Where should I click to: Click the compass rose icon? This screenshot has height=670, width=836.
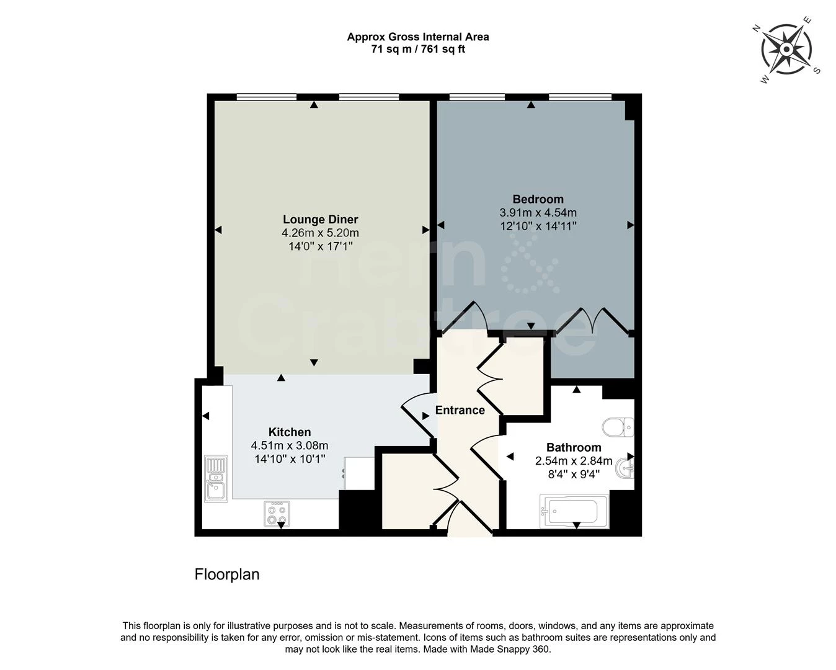click(x=786, y=49)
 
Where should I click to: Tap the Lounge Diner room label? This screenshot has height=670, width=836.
click(x=320, y=219)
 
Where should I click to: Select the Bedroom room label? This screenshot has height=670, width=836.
click(x=538, y=199)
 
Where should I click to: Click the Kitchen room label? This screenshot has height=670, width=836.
click(x=290, y=432)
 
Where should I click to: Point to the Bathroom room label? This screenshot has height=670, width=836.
click(x=574, y=447)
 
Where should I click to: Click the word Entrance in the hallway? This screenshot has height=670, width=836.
click(x=460, y=410)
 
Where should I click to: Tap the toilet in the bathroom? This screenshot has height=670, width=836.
click(x=618, y=427)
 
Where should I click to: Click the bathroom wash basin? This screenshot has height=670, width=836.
click(x=625, y=468)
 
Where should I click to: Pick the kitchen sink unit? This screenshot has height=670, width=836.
click(x=216, y=478)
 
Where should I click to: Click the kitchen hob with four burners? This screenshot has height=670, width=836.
click(x=277, y=513)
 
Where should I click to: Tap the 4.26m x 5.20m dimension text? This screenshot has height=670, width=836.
click(x=320, y=233)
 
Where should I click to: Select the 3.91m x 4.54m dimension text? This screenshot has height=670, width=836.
click(x=538, y=213)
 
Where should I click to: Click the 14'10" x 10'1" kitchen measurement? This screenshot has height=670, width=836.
click(x=290, y=459)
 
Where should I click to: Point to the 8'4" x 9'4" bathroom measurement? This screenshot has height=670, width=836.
click(x=574, y=475)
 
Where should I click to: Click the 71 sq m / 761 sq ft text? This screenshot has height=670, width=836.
click(x=417, y=49)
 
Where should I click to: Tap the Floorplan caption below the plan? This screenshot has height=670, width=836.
click(x=227, y=574)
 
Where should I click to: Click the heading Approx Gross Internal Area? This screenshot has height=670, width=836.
click(x=417, y=37)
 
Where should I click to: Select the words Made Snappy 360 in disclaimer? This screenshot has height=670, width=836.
click(x=509, y=649)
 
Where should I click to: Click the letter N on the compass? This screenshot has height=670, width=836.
click(x=756, y=28)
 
